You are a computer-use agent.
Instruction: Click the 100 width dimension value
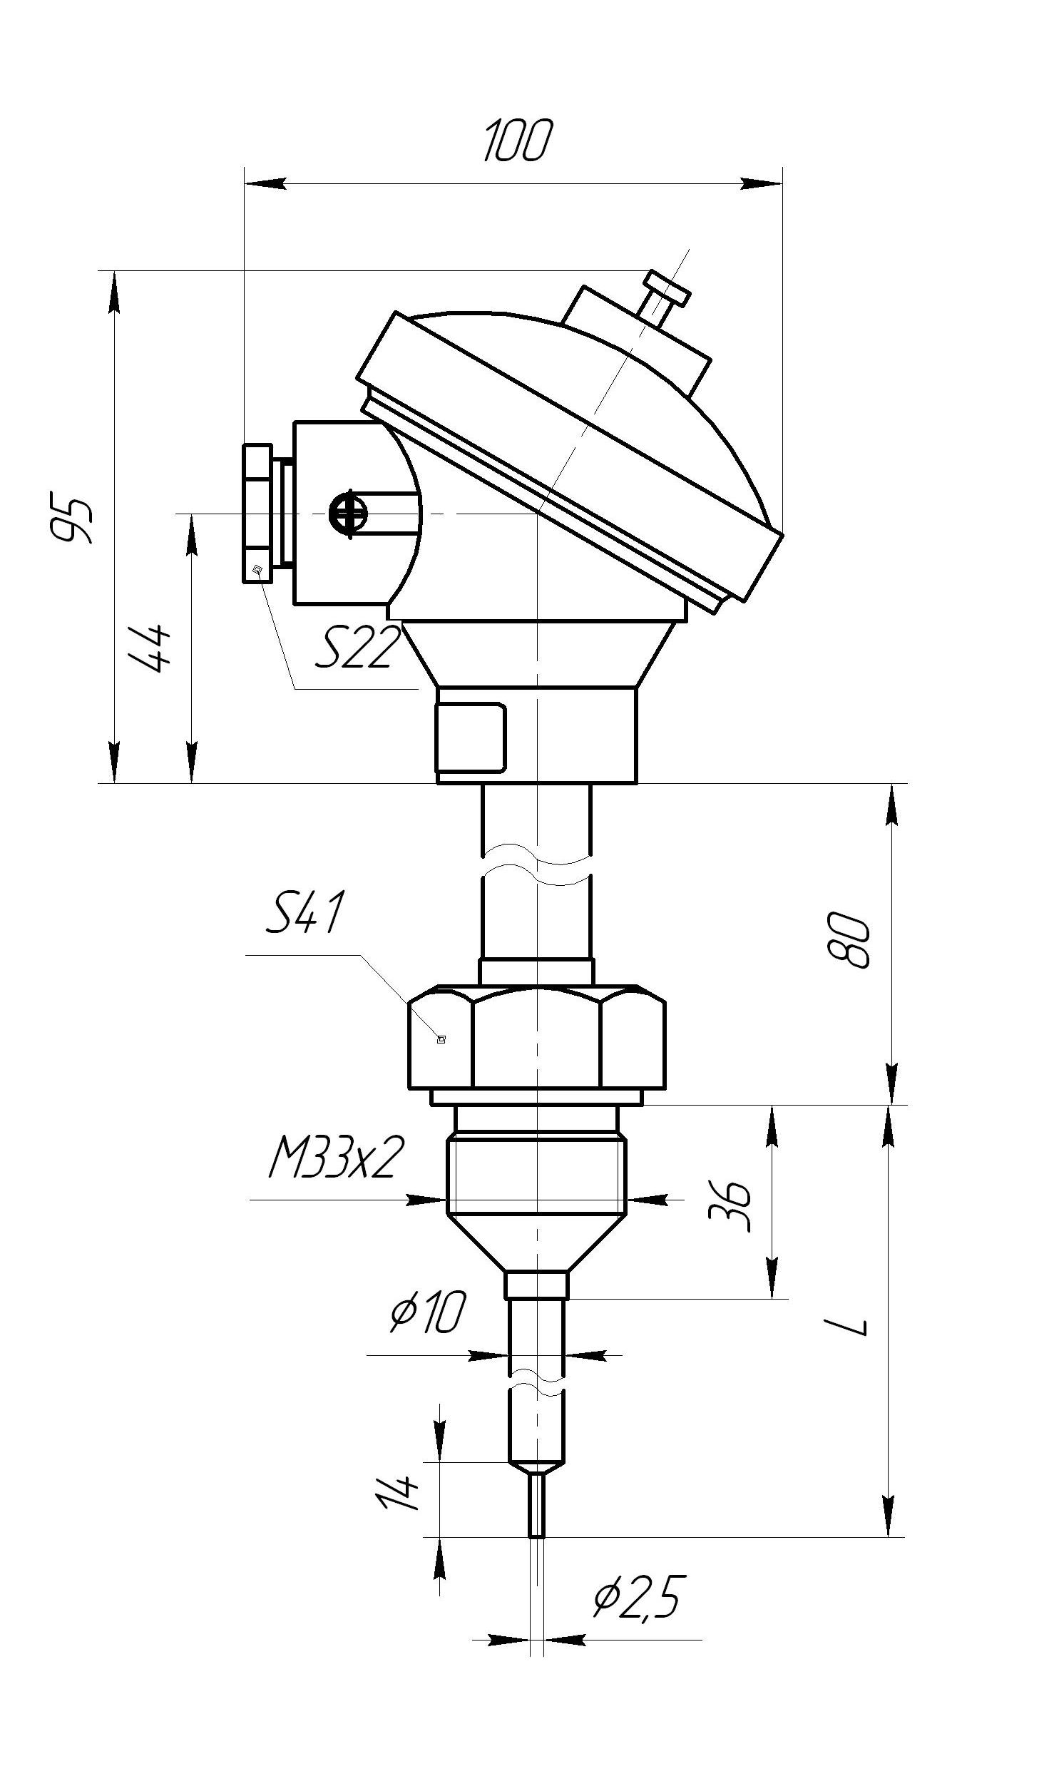pos(518,141)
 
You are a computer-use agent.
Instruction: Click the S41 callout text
pos(305,912)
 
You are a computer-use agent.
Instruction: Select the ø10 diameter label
pos(427,1311)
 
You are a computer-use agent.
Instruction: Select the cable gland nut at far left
pos(257,514)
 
